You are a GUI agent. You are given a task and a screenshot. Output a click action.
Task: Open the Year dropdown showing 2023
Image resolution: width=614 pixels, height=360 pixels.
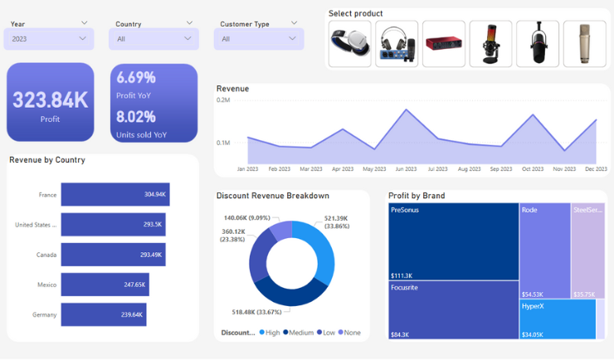coord(49,38)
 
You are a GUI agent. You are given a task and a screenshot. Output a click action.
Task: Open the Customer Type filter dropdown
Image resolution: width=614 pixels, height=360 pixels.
coord(260,38)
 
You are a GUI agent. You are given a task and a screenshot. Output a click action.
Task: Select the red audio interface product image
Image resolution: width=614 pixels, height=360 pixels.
coord(443,44)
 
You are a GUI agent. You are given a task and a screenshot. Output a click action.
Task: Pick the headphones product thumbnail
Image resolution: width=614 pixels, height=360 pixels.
coord(349,44)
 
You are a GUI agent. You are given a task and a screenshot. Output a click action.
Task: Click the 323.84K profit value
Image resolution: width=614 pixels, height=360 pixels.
coord(50,100)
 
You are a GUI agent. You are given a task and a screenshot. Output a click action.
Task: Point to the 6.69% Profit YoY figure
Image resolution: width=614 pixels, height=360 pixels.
coord(136,78)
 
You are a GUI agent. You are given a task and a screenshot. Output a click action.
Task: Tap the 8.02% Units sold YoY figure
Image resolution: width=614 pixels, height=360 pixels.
coord(136,117)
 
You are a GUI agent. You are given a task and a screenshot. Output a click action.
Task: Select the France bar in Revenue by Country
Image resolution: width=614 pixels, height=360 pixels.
coord(115,194)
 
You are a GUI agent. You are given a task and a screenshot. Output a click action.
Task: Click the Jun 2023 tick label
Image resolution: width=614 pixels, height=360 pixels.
coord(406,169)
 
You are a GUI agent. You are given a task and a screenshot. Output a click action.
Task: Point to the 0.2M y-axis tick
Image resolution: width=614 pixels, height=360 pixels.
coord(223,100)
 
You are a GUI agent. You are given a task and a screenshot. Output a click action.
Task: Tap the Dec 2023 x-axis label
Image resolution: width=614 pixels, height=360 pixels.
coord(596,169)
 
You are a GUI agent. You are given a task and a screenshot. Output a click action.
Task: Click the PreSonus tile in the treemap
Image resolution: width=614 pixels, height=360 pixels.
coord(453,241)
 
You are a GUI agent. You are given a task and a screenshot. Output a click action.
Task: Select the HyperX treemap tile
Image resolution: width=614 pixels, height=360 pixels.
coord(558,319)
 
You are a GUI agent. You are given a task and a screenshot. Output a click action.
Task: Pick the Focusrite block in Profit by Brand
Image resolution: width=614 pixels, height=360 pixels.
coord(453,309)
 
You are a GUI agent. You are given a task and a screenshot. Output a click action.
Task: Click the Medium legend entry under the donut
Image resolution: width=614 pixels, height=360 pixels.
coord(300,333)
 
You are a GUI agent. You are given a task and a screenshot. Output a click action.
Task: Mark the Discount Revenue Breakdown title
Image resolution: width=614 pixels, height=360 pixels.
coord(272,196)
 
